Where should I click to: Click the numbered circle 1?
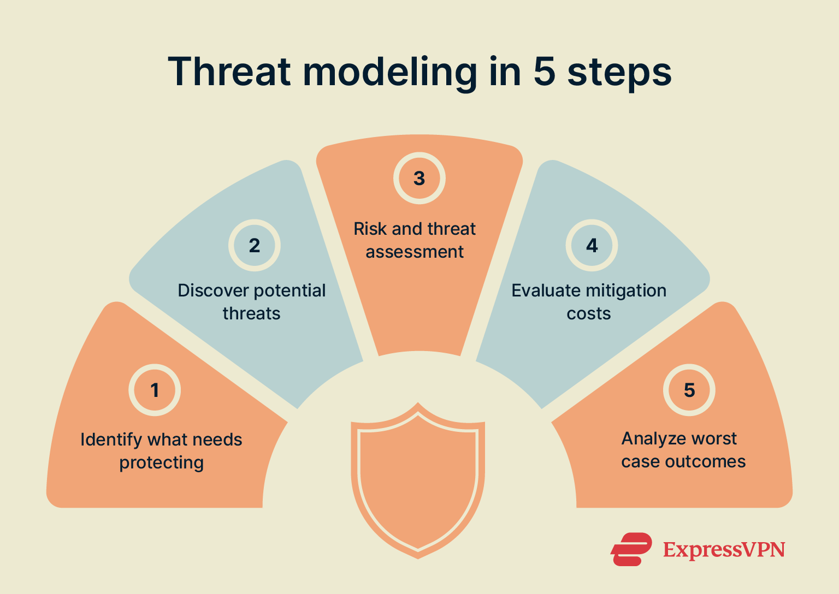155,390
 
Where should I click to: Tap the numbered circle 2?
255,246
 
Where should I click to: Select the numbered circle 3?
419,178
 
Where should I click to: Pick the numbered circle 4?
592,246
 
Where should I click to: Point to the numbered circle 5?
689,390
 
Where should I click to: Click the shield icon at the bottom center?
418,480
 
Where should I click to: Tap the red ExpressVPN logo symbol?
631,549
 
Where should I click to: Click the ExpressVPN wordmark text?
724,549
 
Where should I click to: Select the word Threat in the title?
230,72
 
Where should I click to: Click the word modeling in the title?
390,73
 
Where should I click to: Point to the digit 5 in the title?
544,72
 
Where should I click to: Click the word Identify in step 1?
111,439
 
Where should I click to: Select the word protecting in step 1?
162,463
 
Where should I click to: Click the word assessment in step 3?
415,252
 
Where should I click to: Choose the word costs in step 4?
589,314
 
